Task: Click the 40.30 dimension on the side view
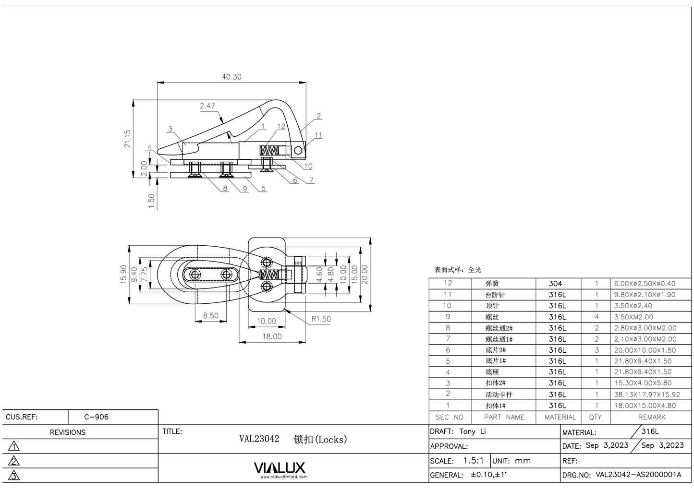pyautogui.click(x=231, y=77)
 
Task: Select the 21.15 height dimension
pyautogui.click(x=128, y=138)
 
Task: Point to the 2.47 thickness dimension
pyautogui.click(x=207, y=106)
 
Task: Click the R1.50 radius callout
pyautogui.click(x=321, y=319)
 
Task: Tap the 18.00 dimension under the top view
pyautogui.click(x=272, y=336)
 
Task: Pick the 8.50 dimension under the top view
pyautogui.click(x=210, y=316)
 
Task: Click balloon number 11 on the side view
pyautogui.click(x=318, y=135)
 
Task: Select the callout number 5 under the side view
pyautogui.click(x=264, y=188)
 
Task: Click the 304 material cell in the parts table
pyautogui.click(x=555, y=284)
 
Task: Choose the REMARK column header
pyautogui.click(x=652, y=417)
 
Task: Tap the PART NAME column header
pyautogui.click(x=504, y=417)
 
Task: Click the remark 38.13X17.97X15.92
pyautogui.click(x=646, y=394)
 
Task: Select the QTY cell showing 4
pyautogui.click(x=597, y=317)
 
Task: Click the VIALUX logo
pyautogui.click(x=279, y=468)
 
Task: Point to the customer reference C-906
pyautogui.click(x=96, y=417)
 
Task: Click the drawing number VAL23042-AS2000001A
pyautogui.click(x=638, y=475)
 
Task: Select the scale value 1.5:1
pyautogui.click(x=473, y=460)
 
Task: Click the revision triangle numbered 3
pyautogui.click(x=14, y=476)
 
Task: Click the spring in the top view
pyautogui.click(x=269, y=275)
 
